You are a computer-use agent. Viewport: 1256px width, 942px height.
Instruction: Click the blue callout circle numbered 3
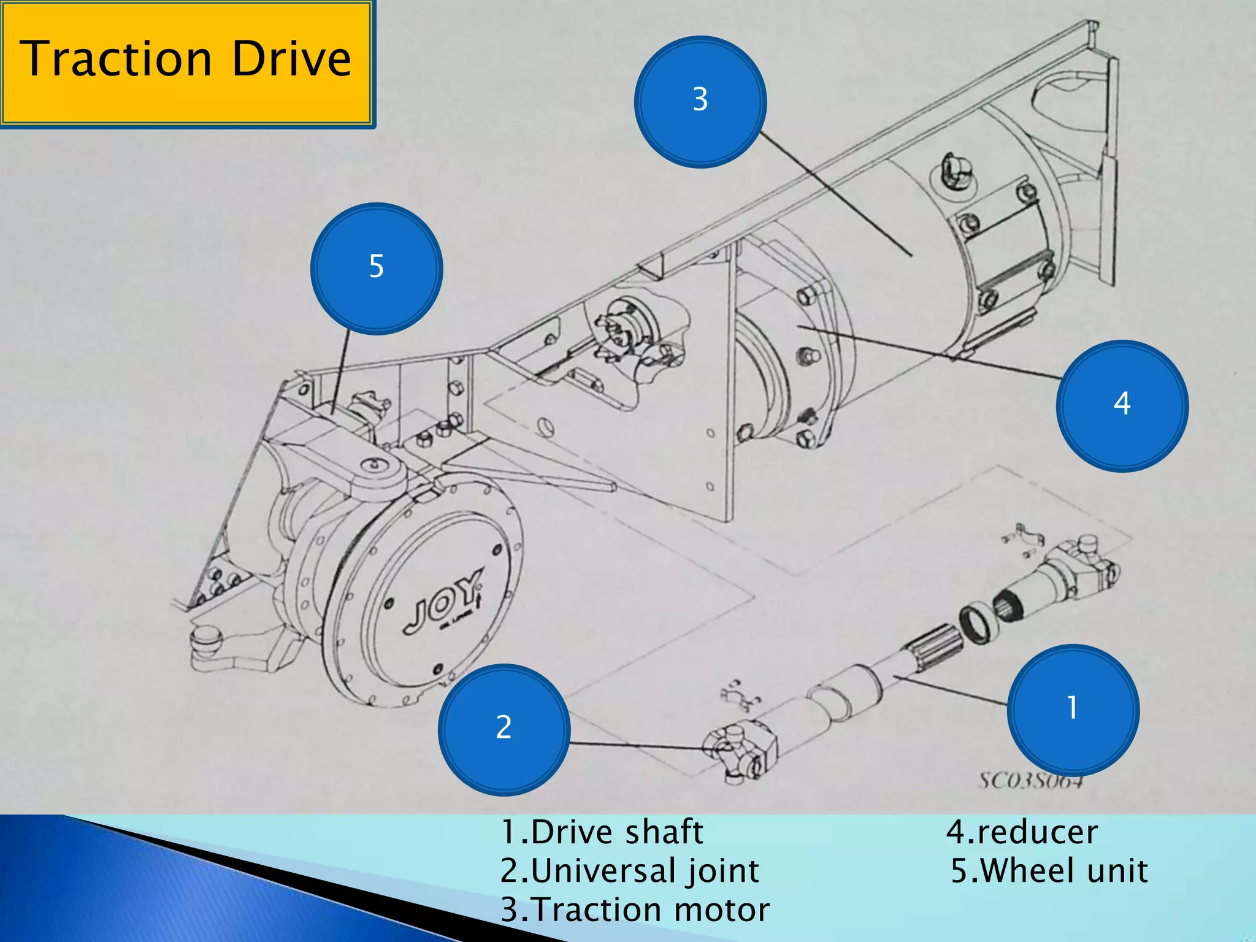click(700, 101)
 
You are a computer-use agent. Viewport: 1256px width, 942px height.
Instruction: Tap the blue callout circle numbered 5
click(377, 269)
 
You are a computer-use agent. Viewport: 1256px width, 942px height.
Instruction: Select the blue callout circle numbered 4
click(1122, 405)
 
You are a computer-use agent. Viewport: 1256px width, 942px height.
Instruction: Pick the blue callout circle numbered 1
click(1073, 710)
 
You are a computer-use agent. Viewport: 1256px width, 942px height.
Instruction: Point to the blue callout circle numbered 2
click(504, 729)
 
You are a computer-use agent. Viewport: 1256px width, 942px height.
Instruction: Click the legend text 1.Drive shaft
click(602, 833)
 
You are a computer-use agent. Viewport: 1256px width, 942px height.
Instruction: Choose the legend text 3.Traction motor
click(635, 909)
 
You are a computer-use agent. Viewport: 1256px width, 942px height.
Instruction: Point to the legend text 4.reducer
click(1022, 833)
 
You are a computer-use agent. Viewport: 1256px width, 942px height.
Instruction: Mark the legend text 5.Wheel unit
click(1049, 871)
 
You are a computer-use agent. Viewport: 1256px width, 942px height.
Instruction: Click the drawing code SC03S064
click(1030, 781)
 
